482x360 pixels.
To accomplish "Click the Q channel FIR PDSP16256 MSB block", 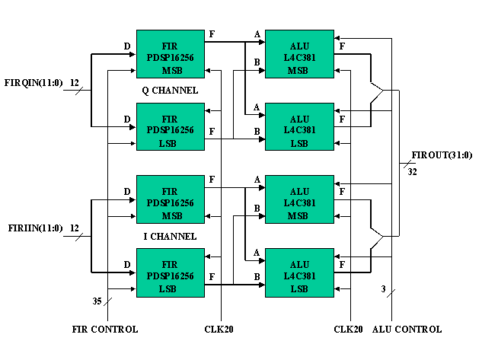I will [171, 53].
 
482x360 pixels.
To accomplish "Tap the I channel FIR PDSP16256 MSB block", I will [171, 198].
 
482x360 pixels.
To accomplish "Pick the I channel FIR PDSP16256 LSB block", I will [171, 272].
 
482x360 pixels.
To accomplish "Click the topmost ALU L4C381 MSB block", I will [299, 53].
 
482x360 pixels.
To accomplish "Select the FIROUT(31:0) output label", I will [442, 155].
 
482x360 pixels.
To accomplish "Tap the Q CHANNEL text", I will [171, 90].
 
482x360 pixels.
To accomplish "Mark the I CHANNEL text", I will [171, 236].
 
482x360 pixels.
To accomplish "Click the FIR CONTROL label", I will [105, 330].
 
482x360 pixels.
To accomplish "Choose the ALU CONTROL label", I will [407, 330].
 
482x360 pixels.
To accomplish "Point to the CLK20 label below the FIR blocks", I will [221, 330].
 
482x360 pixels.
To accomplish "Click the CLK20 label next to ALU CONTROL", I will [350, 330].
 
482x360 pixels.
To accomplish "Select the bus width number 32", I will [412, 172].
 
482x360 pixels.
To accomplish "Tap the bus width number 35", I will [97, 301].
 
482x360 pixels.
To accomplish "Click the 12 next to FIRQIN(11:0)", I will [75, 82].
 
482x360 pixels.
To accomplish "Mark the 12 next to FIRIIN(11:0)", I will [75, 228].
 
